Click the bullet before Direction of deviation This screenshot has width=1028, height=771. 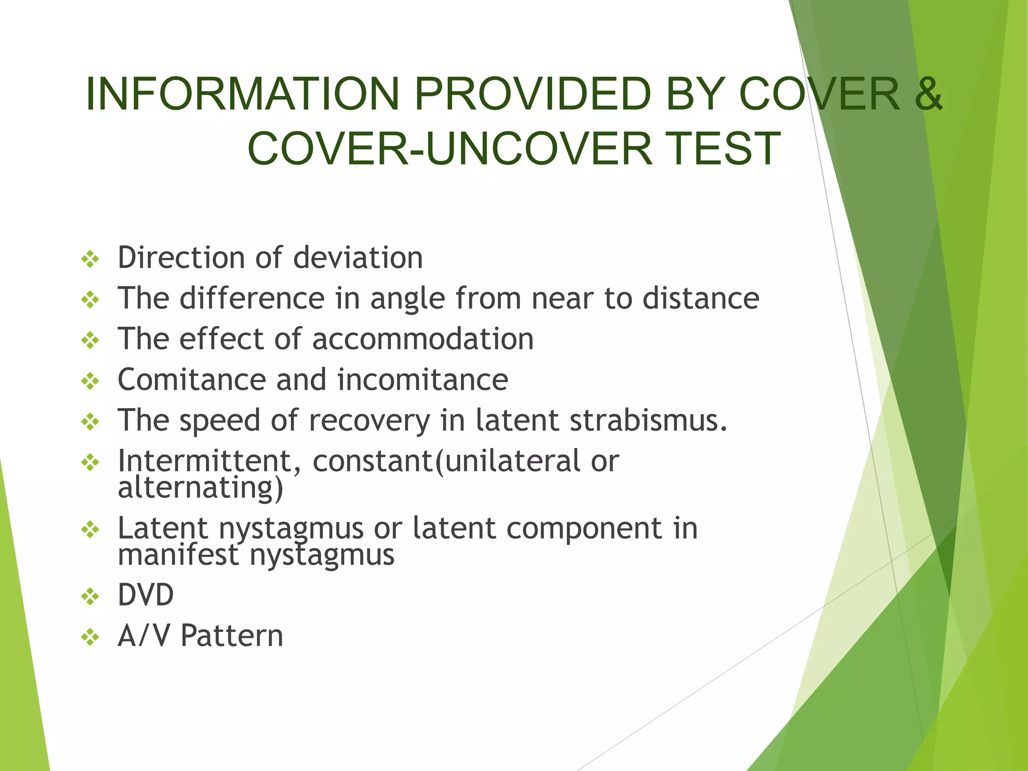90,260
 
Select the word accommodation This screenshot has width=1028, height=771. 423,339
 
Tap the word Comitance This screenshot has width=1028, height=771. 191,379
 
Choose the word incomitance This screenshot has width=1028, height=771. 423,379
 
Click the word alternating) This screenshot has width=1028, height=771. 200,487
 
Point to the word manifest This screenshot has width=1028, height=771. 178,555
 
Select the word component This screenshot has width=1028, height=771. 584,529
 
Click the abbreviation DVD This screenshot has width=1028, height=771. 146,595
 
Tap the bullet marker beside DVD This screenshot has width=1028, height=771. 90,597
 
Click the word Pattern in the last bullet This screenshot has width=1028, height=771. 232,635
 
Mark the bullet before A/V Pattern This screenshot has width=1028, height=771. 90,637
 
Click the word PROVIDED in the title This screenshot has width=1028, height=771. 533,94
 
